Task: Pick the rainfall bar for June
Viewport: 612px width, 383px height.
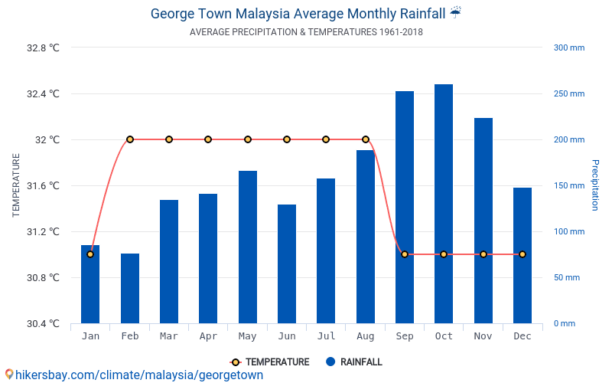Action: tap(287, 264)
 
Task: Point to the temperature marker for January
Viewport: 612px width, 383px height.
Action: tap(90, 254)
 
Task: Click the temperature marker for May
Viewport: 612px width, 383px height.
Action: tap(248, 139)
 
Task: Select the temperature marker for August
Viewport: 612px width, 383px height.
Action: tap(366, 139)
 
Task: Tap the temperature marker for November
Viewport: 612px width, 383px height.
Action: tap(483, 254)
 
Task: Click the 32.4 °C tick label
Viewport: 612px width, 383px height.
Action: tap(43, 94)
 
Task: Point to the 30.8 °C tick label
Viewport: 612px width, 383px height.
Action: tap(43, 277)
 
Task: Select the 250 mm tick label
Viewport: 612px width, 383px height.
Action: tap(568, 94)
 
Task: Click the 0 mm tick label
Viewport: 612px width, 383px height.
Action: tap(565, 323)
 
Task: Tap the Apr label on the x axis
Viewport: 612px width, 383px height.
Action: tap(208, 336)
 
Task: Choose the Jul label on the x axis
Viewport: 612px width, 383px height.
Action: tap(326, 336)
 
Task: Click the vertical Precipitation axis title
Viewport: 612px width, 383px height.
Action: tap(594, 185)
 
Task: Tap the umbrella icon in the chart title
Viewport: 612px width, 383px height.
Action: tap(456, 12)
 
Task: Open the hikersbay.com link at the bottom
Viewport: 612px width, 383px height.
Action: tap(138, 375)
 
